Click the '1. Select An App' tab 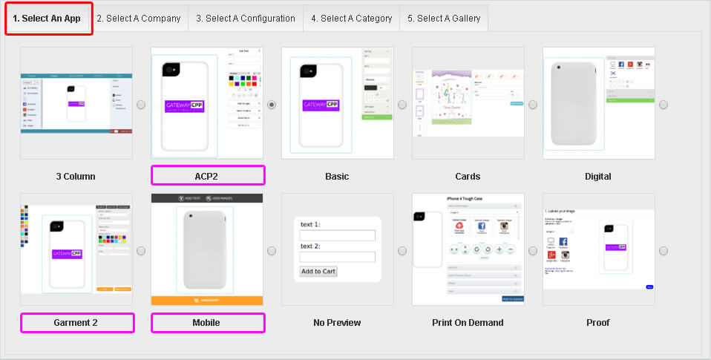point(49,19)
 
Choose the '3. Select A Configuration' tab point(246,19)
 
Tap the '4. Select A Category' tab point(351,19)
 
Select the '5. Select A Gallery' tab point(444,19)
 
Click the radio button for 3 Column point(141,105)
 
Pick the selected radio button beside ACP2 point(272,105)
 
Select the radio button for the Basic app point(402,105)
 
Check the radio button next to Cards point(533,105)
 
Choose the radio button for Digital point(664,105)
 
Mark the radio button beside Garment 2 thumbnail point(141,251)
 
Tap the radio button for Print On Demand point(533,251)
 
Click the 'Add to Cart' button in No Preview point(318,271)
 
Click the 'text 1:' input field point(337,236)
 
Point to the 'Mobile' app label point(208,323)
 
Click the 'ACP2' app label point(208,176)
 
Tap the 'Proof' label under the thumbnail point(598,323)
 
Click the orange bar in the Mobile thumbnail point(207,301)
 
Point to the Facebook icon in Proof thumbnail point(563,243)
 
